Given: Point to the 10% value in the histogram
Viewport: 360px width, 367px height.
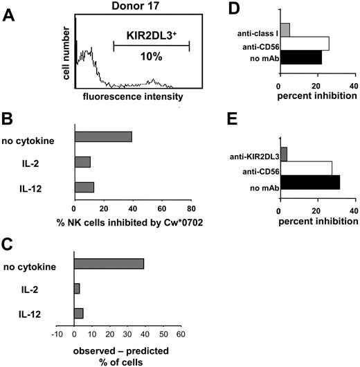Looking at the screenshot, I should click(x=151, y=55).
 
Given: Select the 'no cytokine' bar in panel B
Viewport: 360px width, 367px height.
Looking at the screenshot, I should click(x=102, y=136).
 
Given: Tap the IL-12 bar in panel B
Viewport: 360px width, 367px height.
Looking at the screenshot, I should click(x=84, y=187).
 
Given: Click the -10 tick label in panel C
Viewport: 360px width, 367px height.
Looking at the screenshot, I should click(x=57, y=334).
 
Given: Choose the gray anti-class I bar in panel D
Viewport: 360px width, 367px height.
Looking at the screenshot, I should click(x=284, y=30).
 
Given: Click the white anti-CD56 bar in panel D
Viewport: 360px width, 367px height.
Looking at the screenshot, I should click(x=303, y=44).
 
